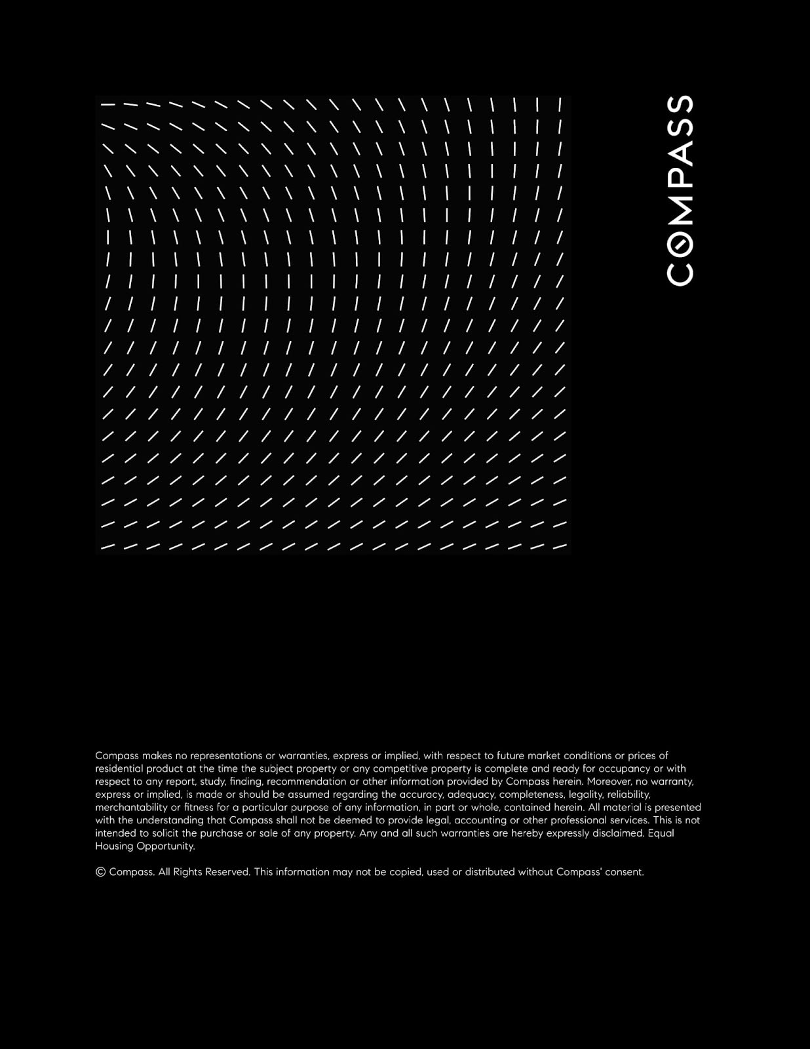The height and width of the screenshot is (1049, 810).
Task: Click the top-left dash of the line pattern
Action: point(108,104)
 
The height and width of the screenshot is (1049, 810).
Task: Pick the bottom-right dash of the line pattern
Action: point(559,545)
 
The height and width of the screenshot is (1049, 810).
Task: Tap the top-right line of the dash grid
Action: point(560,104)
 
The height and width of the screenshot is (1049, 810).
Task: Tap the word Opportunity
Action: point(165,846)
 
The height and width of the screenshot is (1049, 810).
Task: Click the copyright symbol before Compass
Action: point(100,872)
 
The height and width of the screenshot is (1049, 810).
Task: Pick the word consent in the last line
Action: point(626,872)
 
